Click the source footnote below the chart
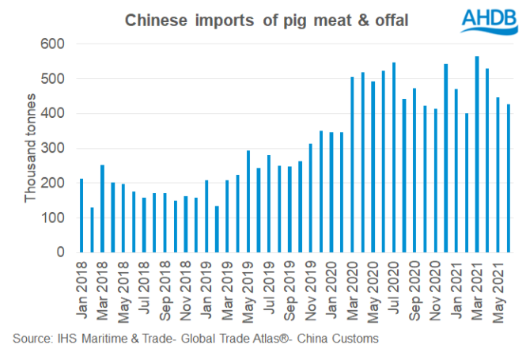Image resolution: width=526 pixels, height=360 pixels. click(x=195, y=339)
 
